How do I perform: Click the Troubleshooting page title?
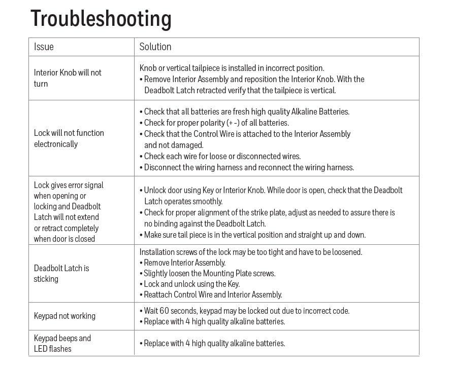coord(101,19)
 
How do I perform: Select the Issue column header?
coord(44,47)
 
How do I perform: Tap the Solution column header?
coord(155,47)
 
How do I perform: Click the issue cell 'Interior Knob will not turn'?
coord(68,78)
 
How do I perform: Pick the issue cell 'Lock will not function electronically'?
coord(69,138)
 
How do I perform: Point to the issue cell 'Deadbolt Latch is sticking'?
coord(61,273)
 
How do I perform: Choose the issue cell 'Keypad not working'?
coord(64,316)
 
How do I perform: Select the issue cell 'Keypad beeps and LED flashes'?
coord(62,343)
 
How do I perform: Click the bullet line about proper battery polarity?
coord(216,123)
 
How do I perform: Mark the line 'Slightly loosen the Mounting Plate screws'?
coord(210,273)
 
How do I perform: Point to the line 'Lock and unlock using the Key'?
coord(192,284)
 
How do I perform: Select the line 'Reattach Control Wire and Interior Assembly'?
coord(213,294)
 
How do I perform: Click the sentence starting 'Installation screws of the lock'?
coord(251,252)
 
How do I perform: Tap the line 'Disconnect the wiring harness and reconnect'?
coord(249,167)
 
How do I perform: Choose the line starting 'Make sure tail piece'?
coord(254,235)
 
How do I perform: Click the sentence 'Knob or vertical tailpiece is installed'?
coord(232,68)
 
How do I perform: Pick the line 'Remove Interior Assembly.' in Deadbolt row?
coord(185,263)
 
